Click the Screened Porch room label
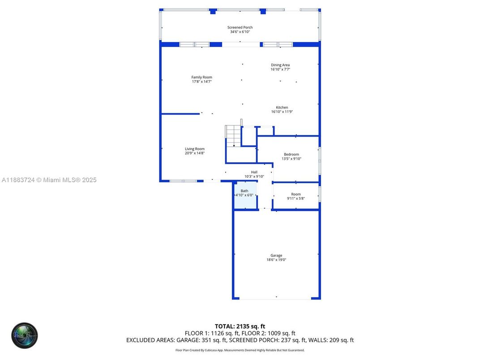[240, 27]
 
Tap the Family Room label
[201, 77]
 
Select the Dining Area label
[280, 65]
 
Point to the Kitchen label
[282, 107]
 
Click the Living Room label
[194, 149]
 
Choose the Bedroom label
[291, 154]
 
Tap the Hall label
[254, 172]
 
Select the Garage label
[276, 256]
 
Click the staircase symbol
[233, 136]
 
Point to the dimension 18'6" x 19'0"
[276, 260]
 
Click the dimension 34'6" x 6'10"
[240, 32]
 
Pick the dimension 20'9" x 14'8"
[194, 153]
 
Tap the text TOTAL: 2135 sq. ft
[240, 326]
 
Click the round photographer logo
[25, 336]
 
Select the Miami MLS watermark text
[49, 180]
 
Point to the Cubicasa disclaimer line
[240, 350]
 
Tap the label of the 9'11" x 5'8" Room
[296, 194]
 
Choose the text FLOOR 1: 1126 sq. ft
[213, 334]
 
